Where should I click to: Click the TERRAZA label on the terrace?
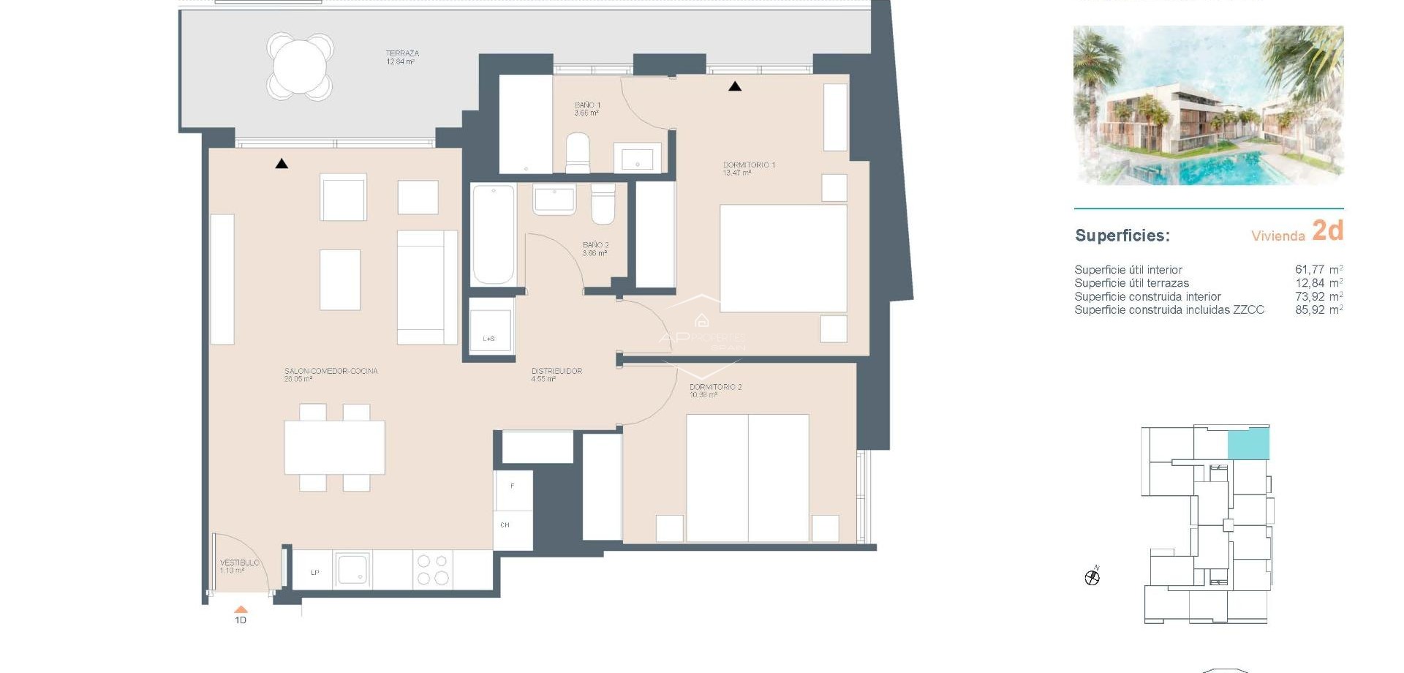pyautogui.click(x=401, y=57)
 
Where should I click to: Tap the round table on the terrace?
pyautogui.click(x=300, y=66)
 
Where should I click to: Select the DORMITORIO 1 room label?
pyautogui.click(x=748, y=168)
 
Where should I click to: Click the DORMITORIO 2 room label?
pyautogui.click(x=714, y=390)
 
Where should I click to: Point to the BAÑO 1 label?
pyautogui.click(x=586, y=109)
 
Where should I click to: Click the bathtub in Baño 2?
pyautogui.click(x=493, y=234)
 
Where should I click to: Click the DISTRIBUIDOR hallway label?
pyautogui.click(x=556, y=375)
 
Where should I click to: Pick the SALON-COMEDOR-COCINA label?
pyautogui.click(x=331, y=375)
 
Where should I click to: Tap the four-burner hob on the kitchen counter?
pyautogui.click(x=433, y=570)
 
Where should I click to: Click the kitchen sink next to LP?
pyautogui.click(x=353, y=570)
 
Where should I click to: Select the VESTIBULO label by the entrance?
pyautogui.click(x=239, y=565)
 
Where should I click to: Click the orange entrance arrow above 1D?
pyautogui.click(x=241, y=609)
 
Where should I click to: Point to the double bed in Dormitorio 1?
pyautogui.click(x=782, y=258)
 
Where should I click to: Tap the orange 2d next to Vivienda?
pyautogui.click(x=1327, y=230)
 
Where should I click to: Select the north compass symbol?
pyautogui.click(x=1092, y=578)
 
